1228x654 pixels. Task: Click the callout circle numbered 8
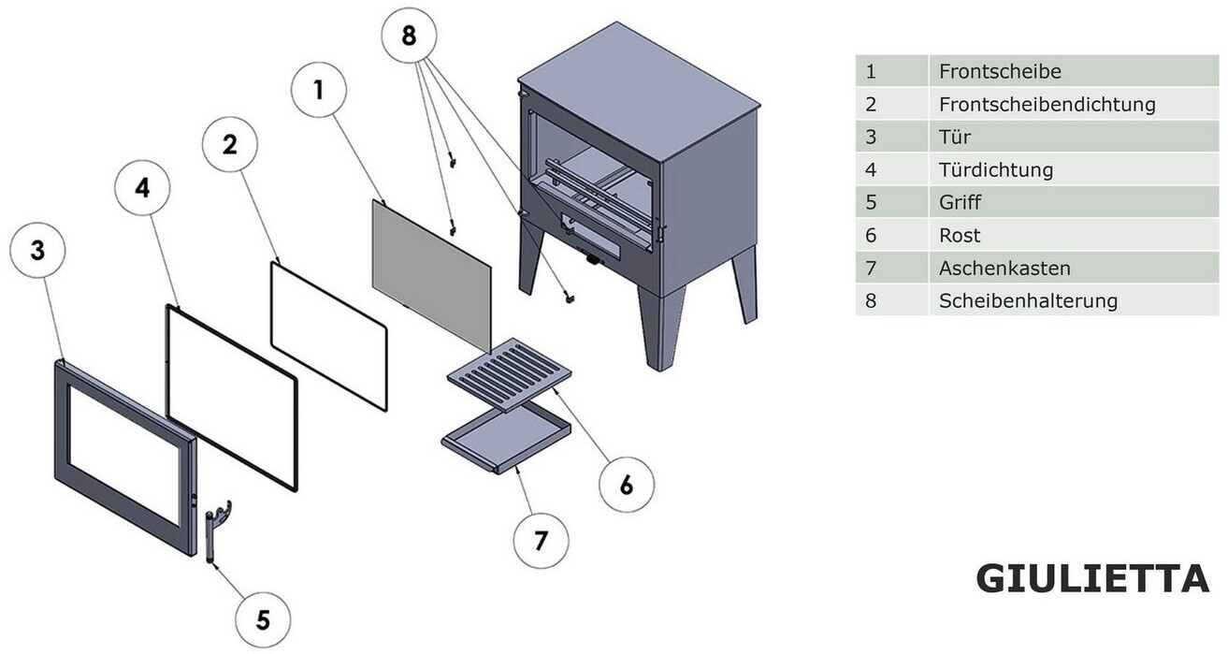[x=409, y=36]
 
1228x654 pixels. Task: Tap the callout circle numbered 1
[x=319, y=90]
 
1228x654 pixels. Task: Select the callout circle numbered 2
[x=230, y=144]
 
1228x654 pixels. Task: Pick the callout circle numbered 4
[x=142, y=187]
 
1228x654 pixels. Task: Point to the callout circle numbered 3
[x=37, y=250]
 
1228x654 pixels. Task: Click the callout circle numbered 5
[x=263, y=620]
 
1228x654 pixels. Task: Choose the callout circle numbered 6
[x=626, y=485]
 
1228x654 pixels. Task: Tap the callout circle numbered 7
[x=542, y=541]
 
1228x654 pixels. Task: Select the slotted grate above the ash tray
[x=510, y=374]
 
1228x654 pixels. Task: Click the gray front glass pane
[x=432, y=276]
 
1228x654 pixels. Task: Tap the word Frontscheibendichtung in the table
[x=1047, y=104]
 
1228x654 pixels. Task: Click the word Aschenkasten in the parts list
[x=1004, y=269]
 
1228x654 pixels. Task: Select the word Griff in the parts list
[x=960, y=202]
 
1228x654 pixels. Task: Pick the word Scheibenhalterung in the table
[x=1028, y=300]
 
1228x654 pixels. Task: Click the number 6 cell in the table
[x=891, y=235]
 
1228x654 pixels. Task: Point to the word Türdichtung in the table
[x=996, y=170]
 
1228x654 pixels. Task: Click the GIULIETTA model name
[x=1092, y=578]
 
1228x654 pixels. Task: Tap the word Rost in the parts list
[x=960, y=236]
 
